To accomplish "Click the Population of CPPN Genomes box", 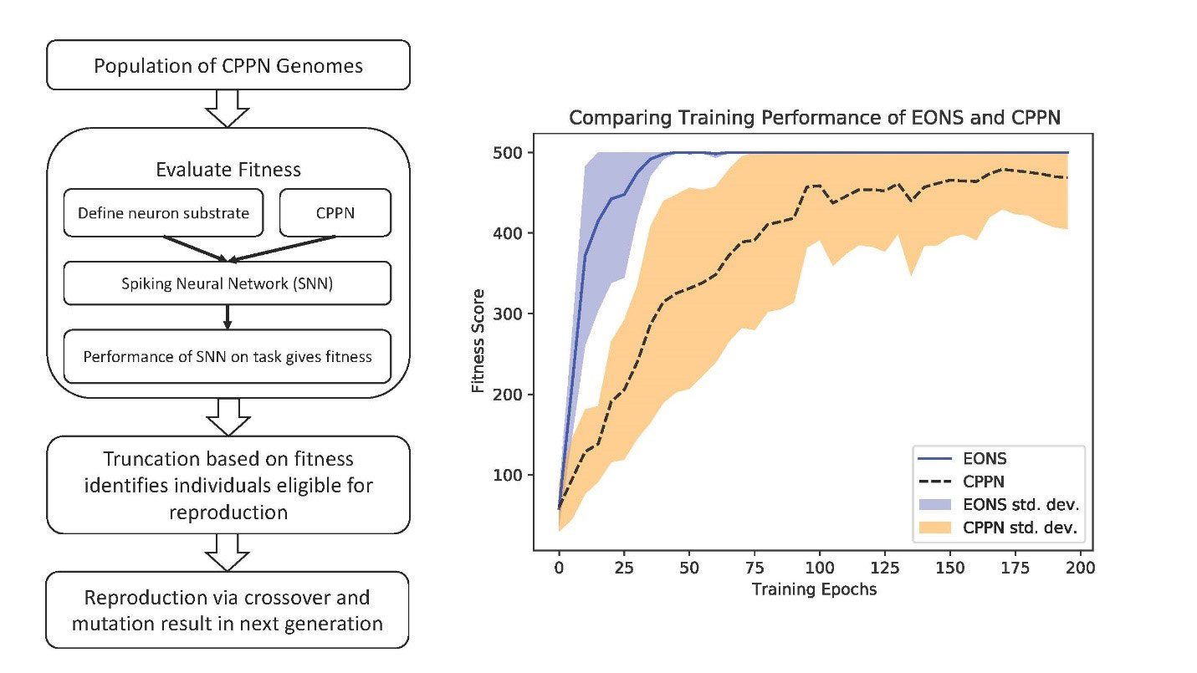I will click(228, 64).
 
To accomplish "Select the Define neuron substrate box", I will click(163, 213).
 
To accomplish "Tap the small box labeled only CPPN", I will click(334, 213).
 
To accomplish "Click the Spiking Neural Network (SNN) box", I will click(228, 283).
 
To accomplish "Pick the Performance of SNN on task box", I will click(228, 357).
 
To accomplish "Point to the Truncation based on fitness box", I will click(228, 485).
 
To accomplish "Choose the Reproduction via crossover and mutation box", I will click(228, 610).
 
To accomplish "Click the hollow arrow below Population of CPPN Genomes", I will click(228, 108).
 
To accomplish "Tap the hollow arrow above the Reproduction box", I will click(228, 552).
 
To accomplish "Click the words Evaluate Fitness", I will click(228, 170).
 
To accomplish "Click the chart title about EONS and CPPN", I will click(814, 118).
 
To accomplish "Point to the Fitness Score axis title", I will click(478, 348).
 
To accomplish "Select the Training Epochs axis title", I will click(814, 589).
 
